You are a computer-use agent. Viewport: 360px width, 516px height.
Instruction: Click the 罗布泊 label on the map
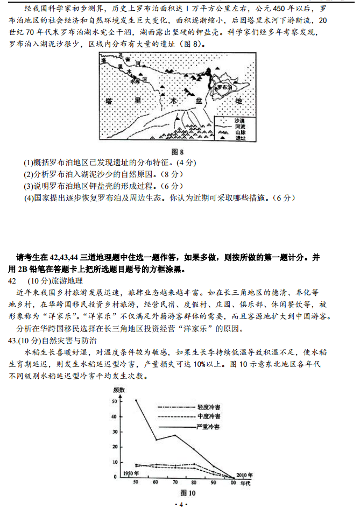223,86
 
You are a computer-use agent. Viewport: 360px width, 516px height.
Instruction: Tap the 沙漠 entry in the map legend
239,121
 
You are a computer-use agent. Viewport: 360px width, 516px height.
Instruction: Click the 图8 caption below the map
178,152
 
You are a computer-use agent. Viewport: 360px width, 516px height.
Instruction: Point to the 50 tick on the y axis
113,401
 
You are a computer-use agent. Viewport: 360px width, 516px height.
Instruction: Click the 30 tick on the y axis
113,432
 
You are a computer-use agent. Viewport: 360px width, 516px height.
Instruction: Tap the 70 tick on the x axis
174,483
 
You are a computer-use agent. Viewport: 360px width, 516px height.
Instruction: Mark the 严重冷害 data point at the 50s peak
136,400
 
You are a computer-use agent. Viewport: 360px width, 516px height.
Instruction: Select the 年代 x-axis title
245,483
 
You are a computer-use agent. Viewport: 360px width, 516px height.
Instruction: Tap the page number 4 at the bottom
181,504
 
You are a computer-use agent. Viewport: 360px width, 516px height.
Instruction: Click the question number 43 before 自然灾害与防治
13,341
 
